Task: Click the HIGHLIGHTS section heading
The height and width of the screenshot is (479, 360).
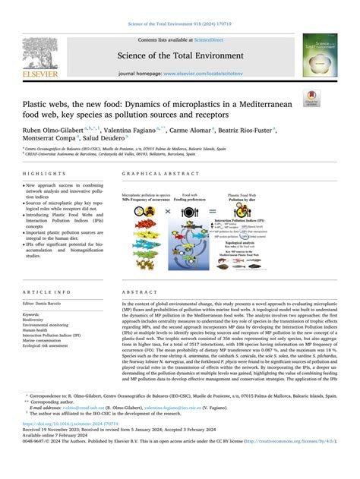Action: click(41, 173)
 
